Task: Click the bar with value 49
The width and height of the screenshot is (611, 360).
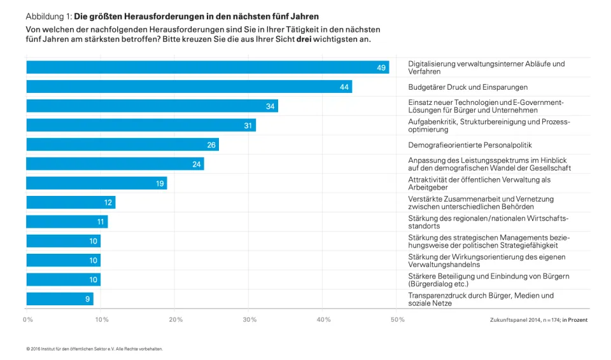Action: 207,67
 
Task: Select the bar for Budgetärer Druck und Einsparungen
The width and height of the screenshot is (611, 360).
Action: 188,87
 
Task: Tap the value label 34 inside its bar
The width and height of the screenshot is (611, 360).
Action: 270,106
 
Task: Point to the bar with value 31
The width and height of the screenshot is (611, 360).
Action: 141,125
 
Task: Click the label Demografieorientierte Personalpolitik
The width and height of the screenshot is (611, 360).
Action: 470,145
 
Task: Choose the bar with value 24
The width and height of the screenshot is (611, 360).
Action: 115,164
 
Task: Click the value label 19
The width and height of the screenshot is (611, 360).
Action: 160,184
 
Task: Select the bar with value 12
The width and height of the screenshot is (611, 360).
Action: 70,203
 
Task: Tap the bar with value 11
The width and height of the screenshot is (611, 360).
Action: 67,222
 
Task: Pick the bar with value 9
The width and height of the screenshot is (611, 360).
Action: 59,299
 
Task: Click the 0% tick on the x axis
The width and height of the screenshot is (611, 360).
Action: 28,319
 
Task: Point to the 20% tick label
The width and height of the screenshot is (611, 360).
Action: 176,319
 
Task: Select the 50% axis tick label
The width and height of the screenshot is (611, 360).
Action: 397,319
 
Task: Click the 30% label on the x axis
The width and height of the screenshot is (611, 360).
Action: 249,319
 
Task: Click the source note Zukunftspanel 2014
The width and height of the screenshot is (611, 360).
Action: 517,320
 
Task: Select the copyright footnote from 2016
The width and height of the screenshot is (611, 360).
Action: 94,349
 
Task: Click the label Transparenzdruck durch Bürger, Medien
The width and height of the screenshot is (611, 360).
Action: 481,295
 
